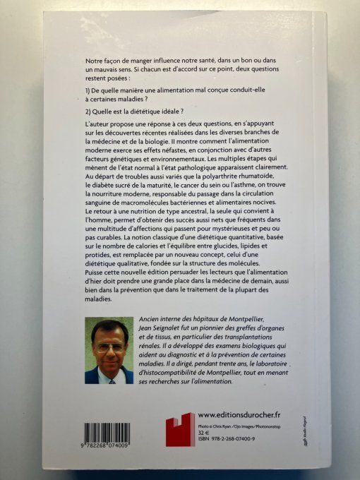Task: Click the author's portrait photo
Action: [109, 351]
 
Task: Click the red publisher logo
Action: [180, 430]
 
